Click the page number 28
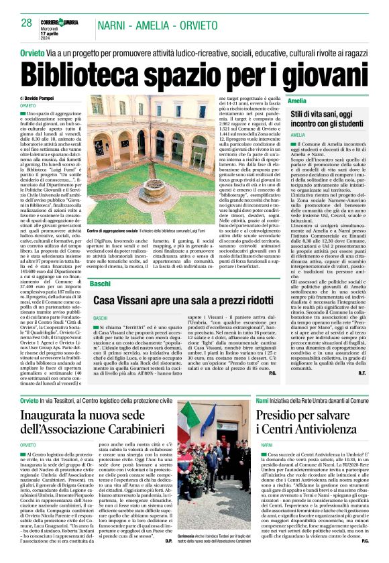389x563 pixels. click(26, 23)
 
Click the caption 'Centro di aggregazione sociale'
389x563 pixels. click(113, 231)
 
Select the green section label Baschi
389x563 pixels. click(100, 284)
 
